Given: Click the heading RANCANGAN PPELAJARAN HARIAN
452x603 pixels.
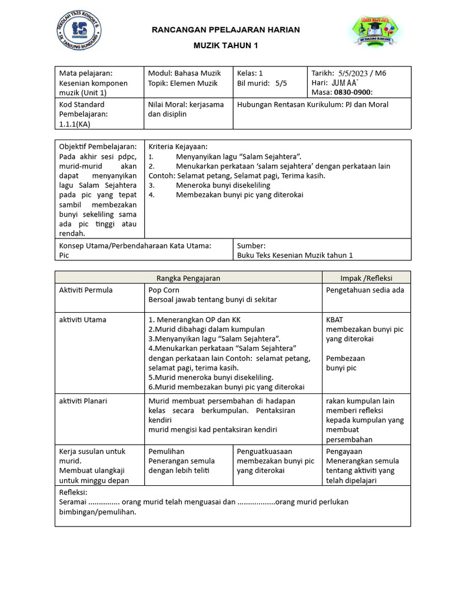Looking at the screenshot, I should tap(226, 29).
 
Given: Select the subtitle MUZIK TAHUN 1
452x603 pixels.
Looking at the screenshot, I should tap(226, 45).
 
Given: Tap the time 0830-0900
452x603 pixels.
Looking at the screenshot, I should tap(353, 92).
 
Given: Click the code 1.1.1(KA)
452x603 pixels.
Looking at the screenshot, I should tap(75, 124).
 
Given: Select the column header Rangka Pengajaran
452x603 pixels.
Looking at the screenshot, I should tap(188, 278).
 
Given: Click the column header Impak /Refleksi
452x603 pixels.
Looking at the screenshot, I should tap(366, 278).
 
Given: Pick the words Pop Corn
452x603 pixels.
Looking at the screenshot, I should tap(164, 290).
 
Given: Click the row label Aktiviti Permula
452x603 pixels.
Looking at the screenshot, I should tap(86, 290).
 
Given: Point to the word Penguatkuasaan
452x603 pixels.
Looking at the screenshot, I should tap(265, 451).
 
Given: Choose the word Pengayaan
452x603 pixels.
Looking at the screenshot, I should tap(344, 451).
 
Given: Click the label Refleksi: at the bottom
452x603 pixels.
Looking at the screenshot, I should tap(74, 492).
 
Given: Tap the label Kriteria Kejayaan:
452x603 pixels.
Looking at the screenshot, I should tap(178, 146).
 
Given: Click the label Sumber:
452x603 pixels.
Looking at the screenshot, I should tap(251, 246).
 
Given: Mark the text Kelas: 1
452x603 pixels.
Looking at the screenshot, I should tap(250, 73).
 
